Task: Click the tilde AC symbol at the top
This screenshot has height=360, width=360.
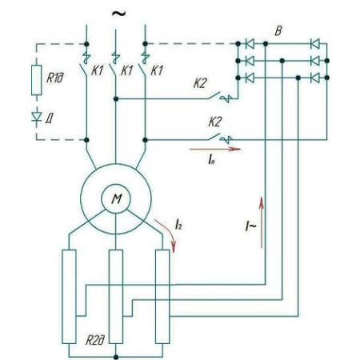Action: coord(118,14)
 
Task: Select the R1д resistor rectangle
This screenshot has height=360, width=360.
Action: coord(37,80)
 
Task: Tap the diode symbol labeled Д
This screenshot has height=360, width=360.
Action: coord(37,117)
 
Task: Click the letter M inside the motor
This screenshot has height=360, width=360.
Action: coord(117,199)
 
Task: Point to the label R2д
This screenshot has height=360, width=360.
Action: coord(95,341)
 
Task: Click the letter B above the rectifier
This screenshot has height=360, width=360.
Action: coord(278,31)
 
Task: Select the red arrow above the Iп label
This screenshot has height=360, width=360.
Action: coord(215,149)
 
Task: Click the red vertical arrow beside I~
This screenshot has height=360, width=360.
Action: coord(262,222)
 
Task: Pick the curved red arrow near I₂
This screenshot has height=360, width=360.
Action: coord(167,234)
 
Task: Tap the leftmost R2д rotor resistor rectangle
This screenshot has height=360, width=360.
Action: coord(69,297)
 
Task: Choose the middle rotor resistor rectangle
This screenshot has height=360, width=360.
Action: coord(116,297)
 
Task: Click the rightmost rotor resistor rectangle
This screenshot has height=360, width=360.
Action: coord(162,297)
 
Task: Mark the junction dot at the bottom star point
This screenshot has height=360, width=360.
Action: coord(116,357)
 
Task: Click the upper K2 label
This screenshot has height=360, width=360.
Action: coord(200,83)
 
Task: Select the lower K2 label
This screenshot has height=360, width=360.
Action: coord(215,122)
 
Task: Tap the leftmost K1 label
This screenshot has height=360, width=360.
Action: coord(98,70)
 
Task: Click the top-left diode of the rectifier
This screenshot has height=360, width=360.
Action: coord(250,44)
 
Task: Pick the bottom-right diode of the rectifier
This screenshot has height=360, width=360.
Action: coord(315,78)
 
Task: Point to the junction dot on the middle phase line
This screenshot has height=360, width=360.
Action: coord(116,99)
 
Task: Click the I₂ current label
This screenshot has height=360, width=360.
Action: coord(178,225)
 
